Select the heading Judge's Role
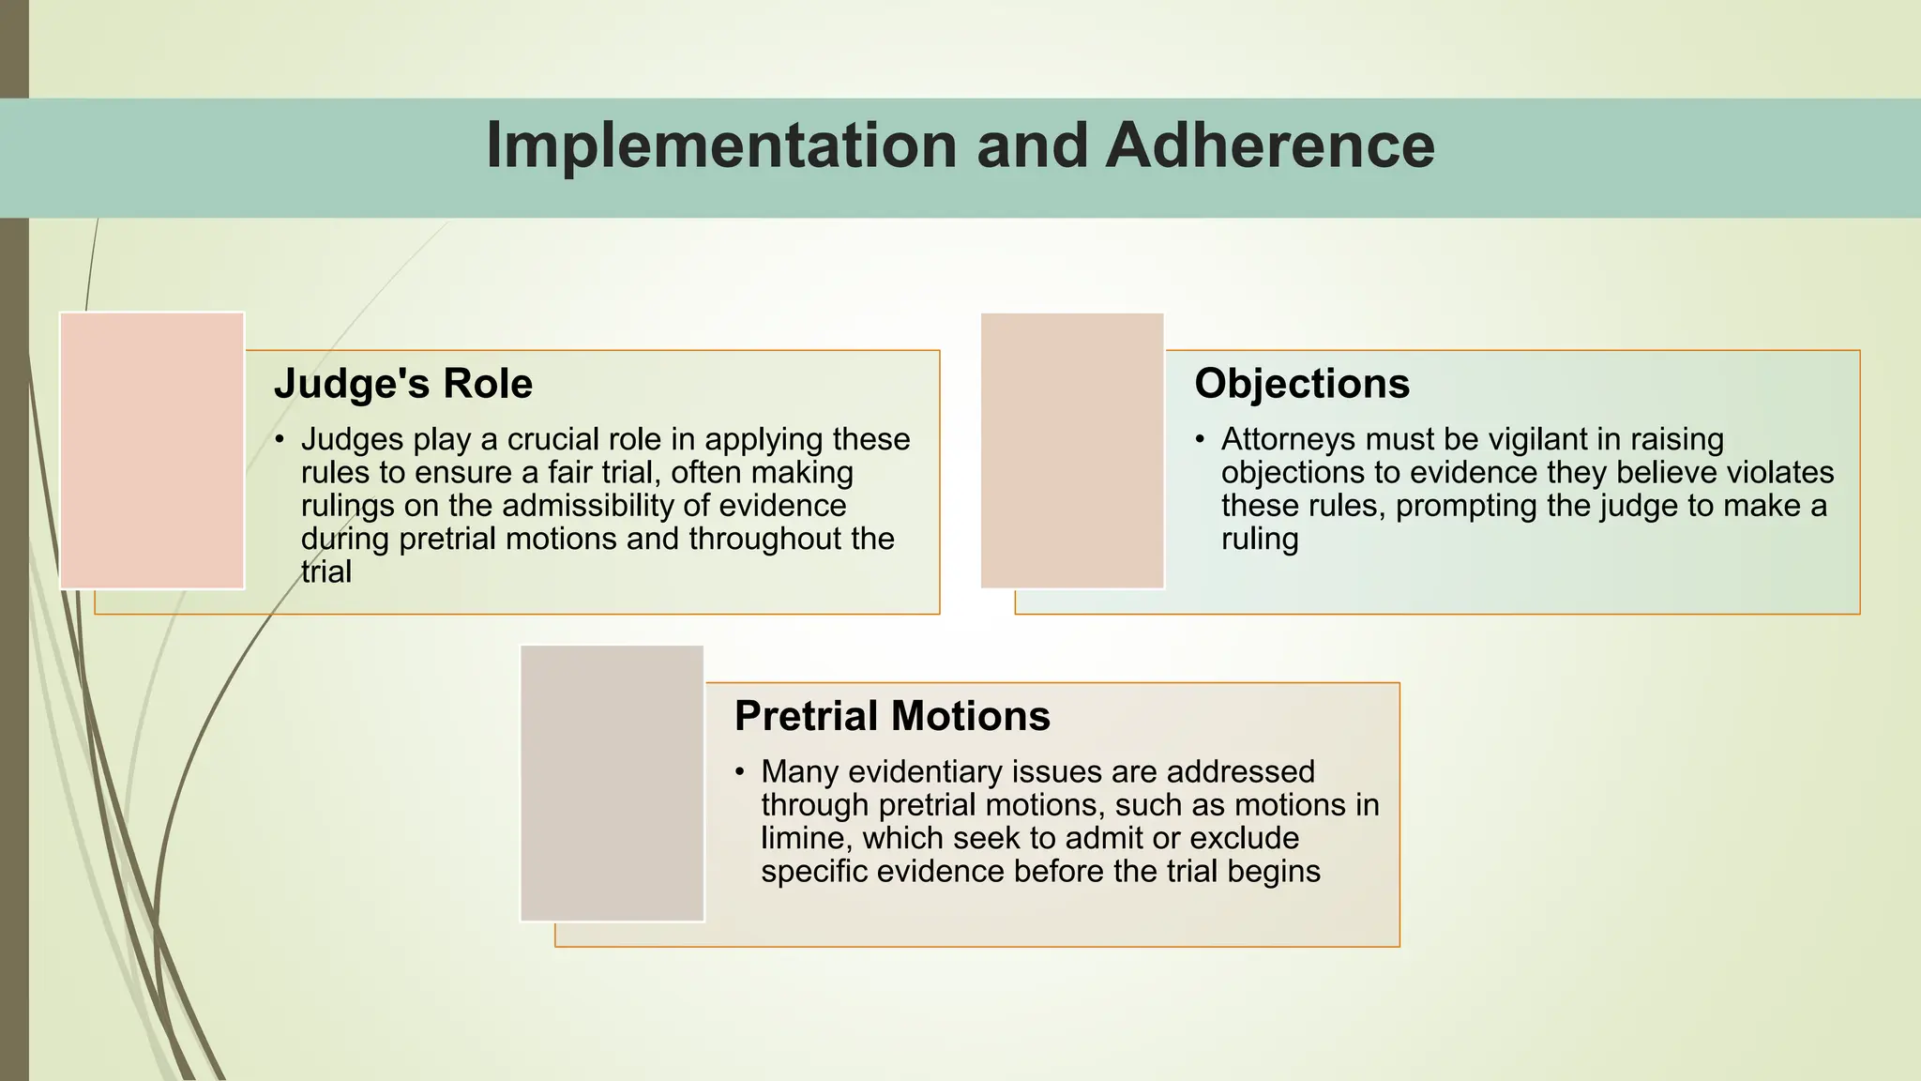402,384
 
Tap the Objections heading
1301,384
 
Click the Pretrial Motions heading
891,716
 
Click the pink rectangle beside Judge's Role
152,450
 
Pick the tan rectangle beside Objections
1072,450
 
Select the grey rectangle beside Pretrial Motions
612,784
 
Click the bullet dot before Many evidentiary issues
740,772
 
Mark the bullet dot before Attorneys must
1201,439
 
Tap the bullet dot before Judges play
280,439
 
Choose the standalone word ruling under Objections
1259,540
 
